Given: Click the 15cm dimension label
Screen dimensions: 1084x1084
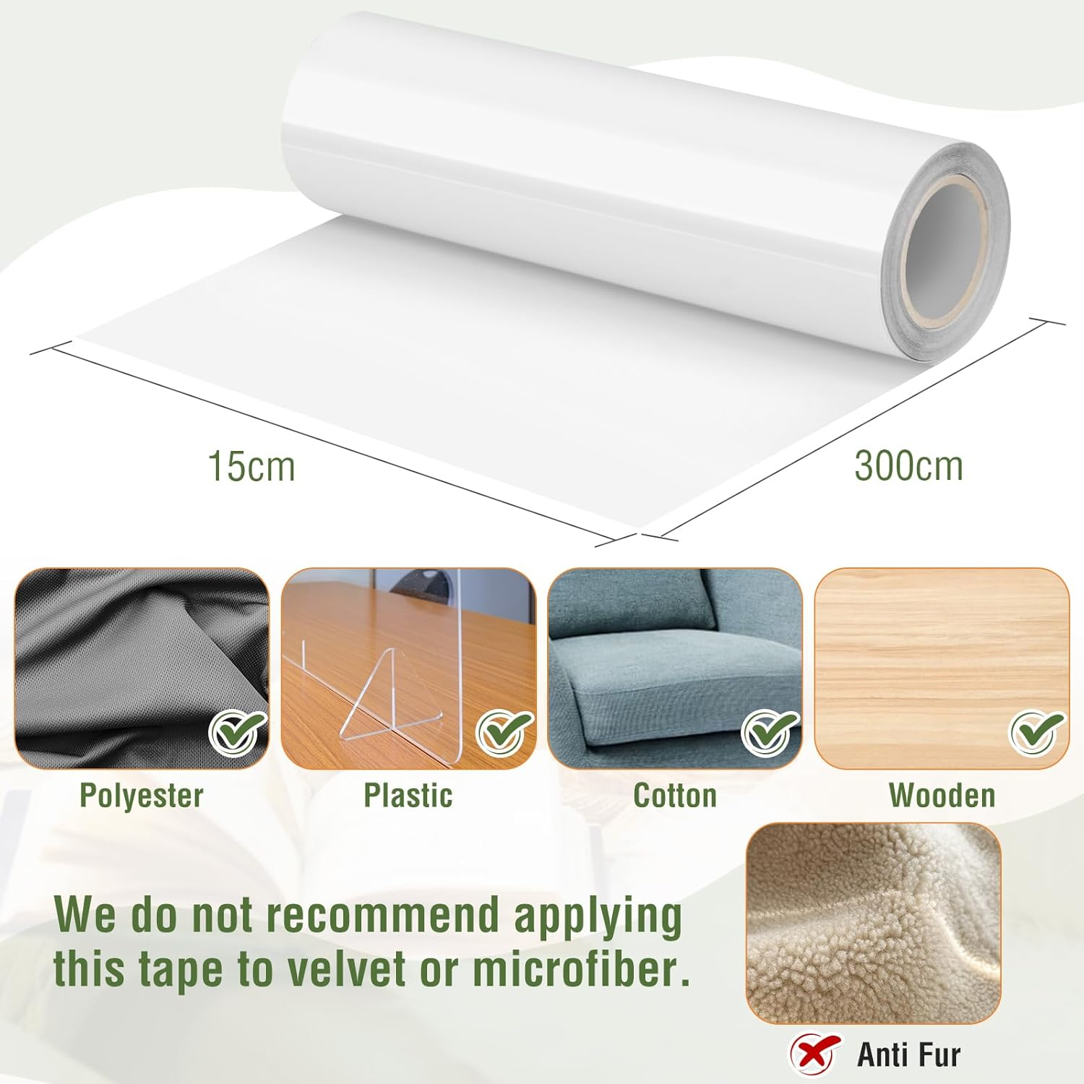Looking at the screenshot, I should (251, 466).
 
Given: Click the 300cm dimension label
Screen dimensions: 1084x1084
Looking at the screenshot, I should (908, 465).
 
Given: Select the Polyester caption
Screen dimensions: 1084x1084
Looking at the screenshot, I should (142, 796).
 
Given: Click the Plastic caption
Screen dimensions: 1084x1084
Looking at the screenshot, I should (408, 796).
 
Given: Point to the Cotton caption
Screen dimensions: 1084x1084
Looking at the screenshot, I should (675, 796).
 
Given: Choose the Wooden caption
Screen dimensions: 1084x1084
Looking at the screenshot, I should (942, 796).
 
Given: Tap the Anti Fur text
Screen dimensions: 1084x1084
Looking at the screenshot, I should (908, 1055).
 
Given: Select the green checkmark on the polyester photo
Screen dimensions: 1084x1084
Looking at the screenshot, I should (238, 732).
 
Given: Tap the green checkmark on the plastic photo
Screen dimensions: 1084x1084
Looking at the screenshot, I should (505, 732).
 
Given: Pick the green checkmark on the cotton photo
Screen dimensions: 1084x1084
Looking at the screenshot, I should (770, 732).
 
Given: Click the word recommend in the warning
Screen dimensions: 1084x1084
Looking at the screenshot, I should (382, 915).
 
